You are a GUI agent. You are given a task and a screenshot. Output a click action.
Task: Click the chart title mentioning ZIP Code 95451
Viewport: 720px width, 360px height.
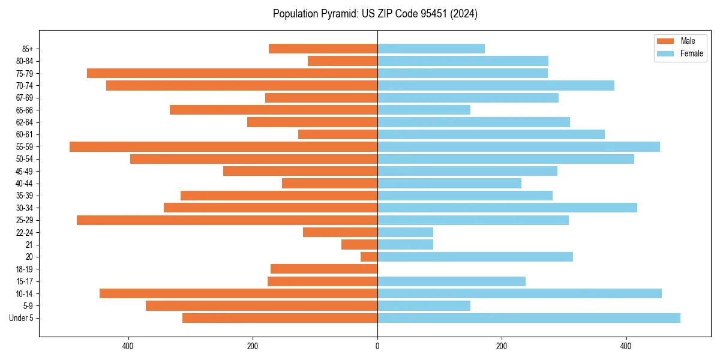click(375, 14)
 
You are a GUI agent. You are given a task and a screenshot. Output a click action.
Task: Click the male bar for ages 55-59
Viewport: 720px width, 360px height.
click(223, 147)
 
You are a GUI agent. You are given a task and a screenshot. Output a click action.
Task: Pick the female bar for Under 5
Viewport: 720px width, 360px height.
click(529, 318)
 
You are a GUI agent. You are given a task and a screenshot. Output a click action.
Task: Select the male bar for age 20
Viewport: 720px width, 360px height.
click(369, 257)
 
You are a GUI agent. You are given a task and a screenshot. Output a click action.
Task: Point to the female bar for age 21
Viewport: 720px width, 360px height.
click(405, 245)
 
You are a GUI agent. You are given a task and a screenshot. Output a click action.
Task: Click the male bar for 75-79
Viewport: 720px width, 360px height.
click(232, 73)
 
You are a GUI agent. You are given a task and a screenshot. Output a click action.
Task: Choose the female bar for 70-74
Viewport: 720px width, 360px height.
click(496, 86)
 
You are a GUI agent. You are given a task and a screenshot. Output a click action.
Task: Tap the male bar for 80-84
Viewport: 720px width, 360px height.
click(343, 61)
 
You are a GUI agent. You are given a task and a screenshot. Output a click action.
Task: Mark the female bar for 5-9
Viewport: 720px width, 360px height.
click(424, 306)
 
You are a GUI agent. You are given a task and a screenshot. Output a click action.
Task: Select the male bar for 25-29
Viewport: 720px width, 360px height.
click(227, 220)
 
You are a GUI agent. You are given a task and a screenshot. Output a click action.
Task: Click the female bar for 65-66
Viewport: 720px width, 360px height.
click(424, 110)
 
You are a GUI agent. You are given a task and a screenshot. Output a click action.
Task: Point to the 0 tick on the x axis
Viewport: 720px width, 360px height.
click(377, 346)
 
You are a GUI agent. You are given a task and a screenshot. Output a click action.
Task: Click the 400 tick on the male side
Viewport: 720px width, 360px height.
click(128, 346)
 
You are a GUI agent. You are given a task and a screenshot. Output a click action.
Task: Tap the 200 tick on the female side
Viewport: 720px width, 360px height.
click(502, 346)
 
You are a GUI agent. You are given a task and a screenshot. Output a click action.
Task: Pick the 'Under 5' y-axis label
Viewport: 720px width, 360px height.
click(22, 318)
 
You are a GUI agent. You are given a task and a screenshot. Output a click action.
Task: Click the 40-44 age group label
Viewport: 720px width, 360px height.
click(24, 184)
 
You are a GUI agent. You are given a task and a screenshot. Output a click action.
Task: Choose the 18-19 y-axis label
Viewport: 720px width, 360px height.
click(24, 269)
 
